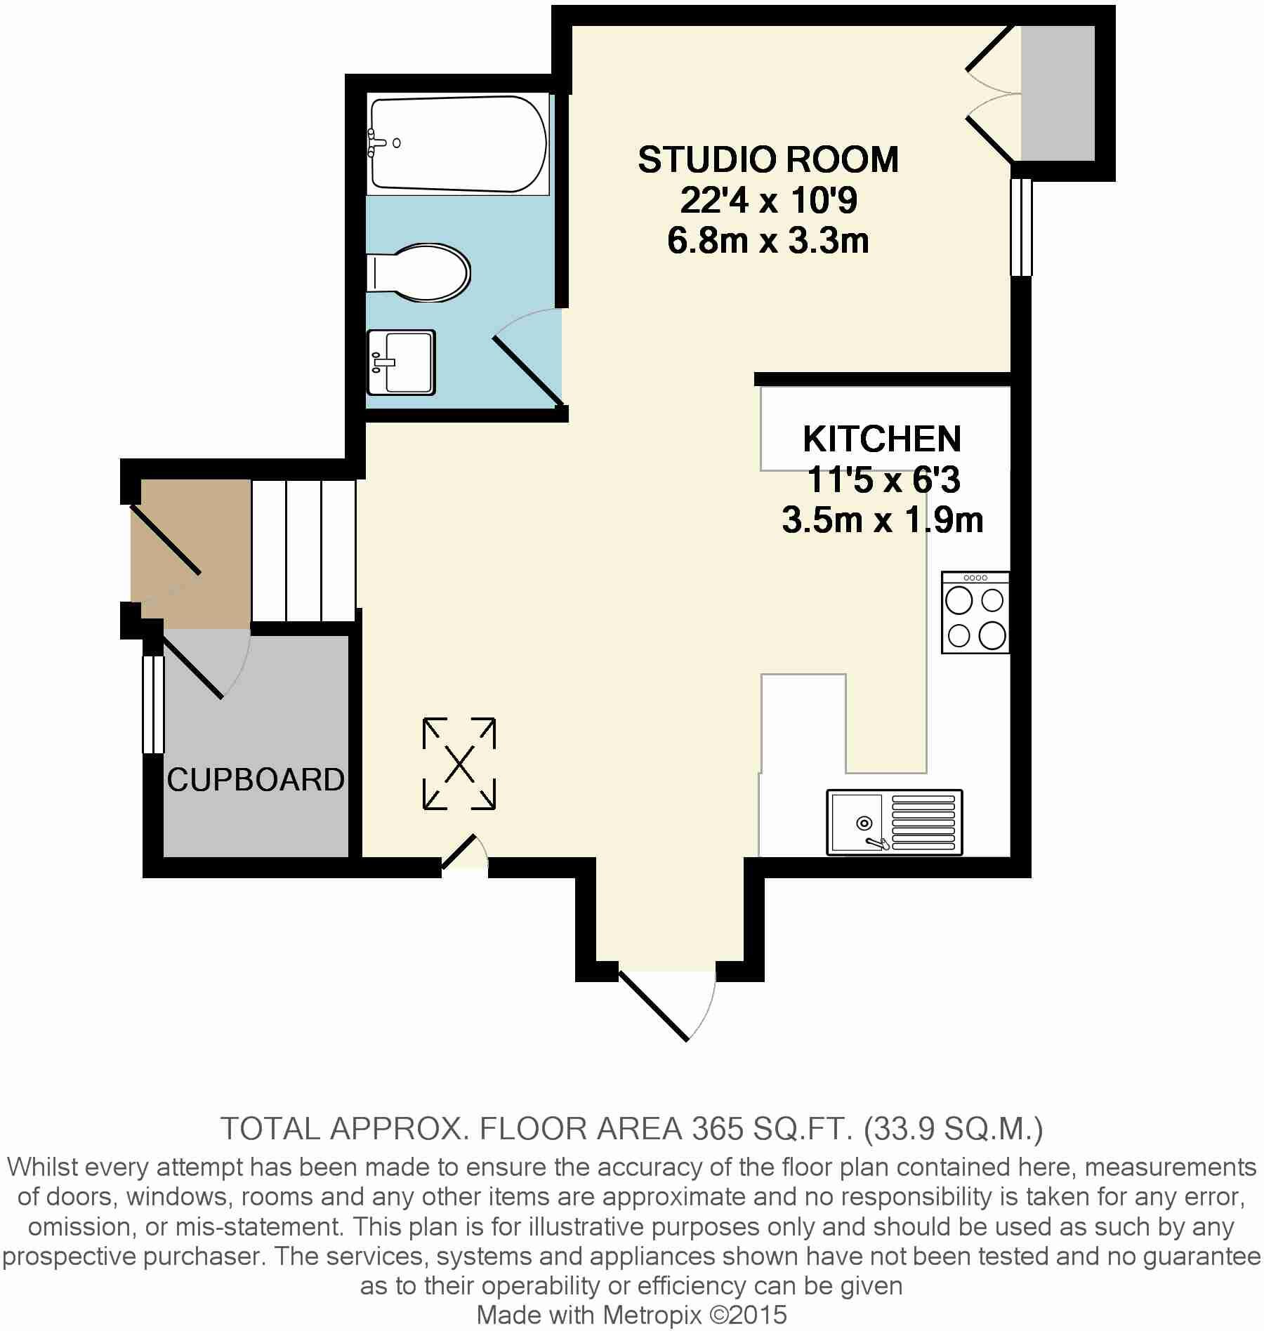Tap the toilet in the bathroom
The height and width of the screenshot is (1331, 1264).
419,272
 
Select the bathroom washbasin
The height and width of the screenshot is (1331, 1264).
402,362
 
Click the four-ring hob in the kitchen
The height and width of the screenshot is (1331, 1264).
975,613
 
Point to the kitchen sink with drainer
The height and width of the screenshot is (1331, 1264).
895,822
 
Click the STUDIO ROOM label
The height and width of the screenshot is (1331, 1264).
768,160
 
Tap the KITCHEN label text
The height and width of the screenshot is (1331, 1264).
882,439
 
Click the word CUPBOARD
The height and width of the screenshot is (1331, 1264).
256,780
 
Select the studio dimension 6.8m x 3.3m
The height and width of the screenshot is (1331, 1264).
768,241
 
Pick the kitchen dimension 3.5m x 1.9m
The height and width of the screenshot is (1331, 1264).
882,521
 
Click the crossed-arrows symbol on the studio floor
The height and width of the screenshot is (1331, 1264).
459,764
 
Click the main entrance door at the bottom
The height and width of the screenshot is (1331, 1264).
654,1005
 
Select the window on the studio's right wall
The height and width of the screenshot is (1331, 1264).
1022,227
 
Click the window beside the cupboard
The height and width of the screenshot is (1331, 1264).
152,704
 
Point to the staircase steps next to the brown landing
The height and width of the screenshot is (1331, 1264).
303,550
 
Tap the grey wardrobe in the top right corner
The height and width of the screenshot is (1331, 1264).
1058,93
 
